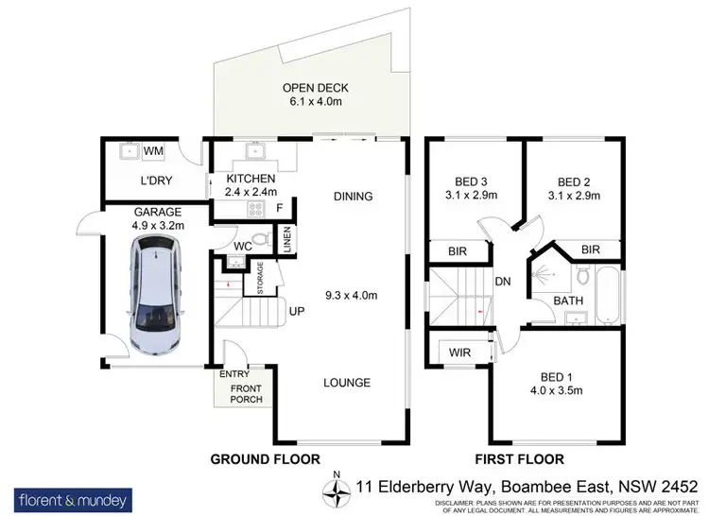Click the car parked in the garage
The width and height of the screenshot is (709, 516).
pos(156,295)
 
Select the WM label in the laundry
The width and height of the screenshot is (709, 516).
pos(153,150)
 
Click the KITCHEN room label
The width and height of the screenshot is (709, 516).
pos(251,179)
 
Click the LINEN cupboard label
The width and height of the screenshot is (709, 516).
pos(287,241)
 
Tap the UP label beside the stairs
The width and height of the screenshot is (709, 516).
pos(295,310)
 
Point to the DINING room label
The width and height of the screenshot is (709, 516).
pos(354,197)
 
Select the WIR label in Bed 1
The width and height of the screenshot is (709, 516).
pos(461,352)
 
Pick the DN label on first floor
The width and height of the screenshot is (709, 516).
pos(503,281)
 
